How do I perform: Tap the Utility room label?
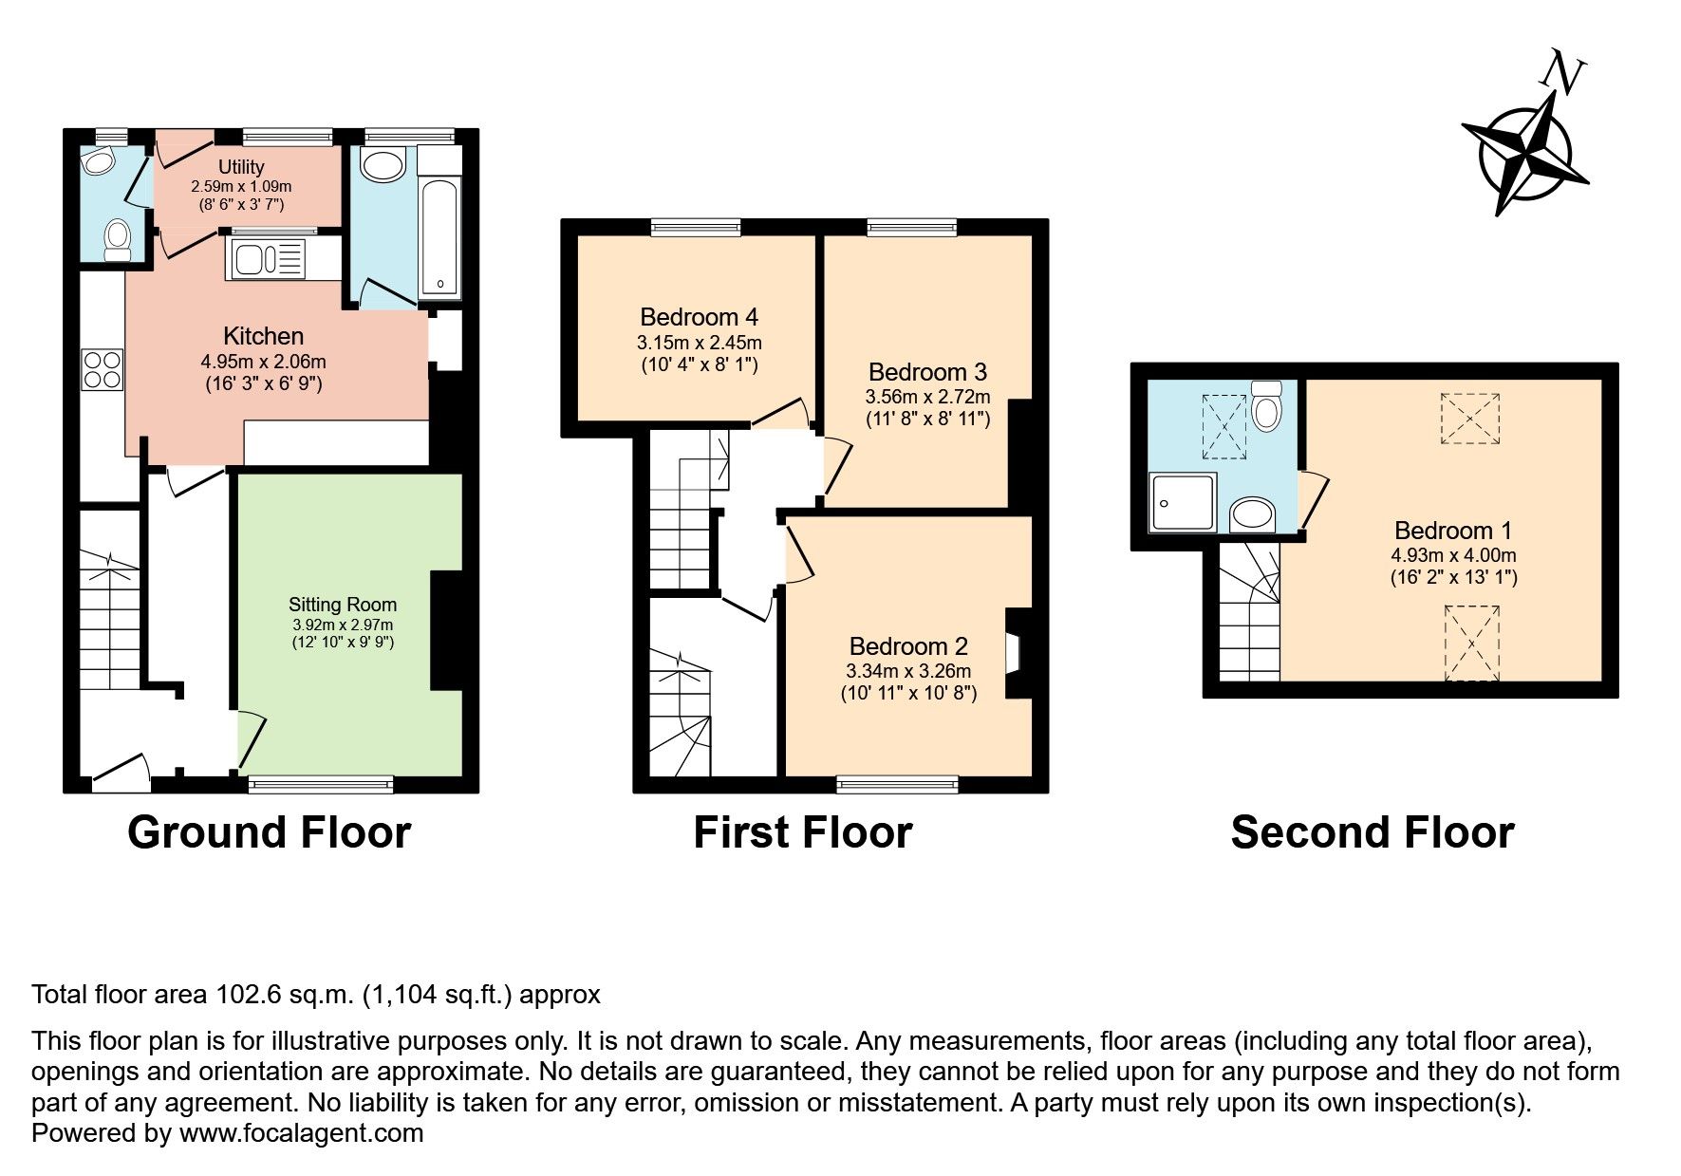241,167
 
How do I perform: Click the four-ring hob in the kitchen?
103,369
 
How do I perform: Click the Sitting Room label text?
343,605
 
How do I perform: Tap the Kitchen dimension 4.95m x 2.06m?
264,362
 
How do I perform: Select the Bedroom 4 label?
699,317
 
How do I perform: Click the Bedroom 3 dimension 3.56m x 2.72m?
927,397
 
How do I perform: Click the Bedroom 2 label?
908,646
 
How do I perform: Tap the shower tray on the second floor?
1183,503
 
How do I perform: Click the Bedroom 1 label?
1453,531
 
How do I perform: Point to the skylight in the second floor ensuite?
1224,426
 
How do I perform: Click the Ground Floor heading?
269,832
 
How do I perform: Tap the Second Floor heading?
1372,832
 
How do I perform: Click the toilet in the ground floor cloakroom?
118,238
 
